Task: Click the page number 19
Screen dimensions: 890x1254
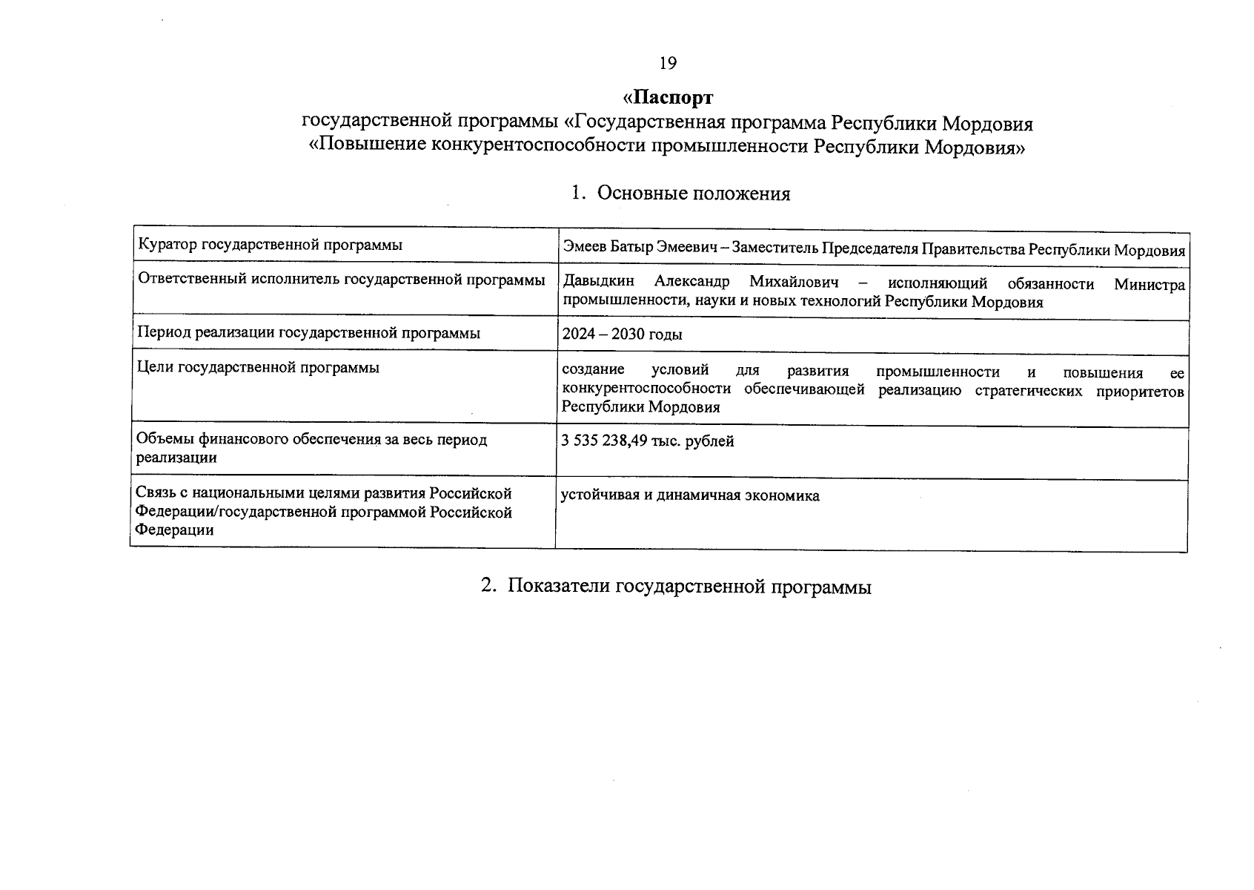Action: click(x=668, y=64)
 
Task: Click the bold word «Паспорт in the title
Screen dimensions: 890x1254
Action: click(x=668, y=98)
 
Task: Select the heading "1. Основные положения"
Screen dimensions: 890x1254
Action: click(x=680, y=194)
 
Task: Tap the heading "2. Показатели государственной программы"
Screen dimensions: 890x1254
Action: click(x=676, y=586)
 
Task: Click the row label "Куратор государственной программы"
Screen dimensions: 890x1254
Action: click(x=270, y=245)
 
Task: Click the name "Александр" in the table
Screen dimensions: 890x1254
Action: click(x=691, y=283)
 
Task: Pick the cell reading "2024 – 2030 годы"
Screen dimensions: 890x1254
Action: click(x=622, y=334)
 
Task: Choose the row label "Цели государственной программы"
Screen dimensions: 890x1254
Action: click(x=258, y=367)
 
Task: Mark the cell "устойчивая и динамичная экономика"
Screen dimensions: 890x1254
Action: click(x=690, y=495)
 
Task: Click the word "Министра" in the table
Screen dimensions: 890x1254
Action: click(x=1149, y=284)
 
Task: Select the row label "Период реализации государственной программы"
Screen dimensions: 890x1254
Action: click(x=308, y=333)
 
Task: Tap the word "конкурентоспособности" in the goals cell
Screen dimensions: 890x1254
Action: click(x=646, y=389)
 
